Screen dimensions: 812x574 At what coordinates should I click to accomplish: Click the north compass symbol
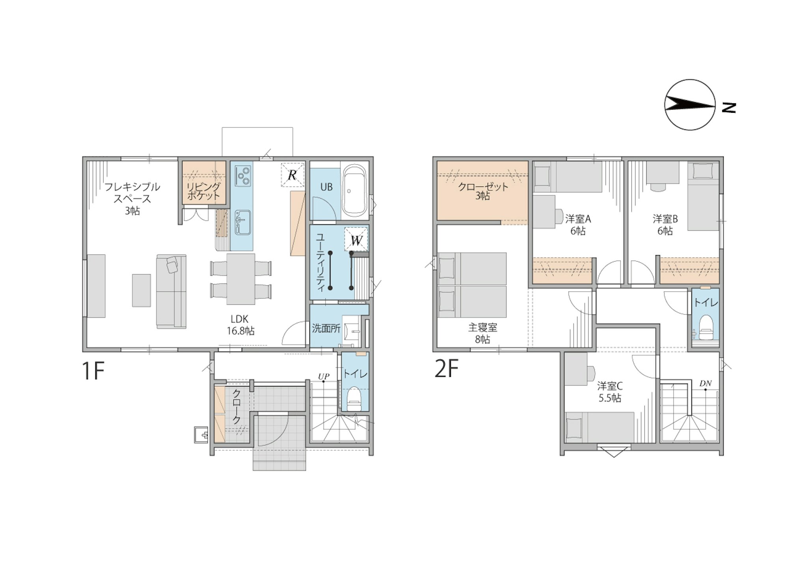pyautogui.click(x=690, y=105)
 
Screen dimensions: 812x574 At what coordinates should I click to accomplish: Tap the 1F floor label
pyautogui.click(x=93, y=371)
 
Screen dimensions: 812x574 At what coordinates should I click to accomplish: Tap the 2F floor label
pyautogui.click(x=447, y=369)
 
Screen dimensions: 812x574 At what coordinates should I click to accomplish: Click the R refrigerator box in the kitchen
pyautogui.click(x=292, y=174)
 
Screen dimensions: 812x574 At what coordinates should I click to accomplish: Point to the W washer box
pyautogui.click(x=356, y=240)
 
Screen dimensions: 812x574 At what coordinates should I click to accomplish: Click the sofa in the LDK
pyautogui.click(x=171, y=291)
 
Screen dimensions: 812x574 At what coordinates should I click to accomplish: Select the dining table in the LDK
pyautogui.click(x=240, y=279)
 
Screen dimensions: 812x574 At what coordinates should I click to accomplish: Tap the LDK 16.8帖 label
pyautogui.click(x=240, y=325)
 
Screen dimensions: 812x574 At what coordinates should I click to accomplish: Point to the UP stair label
pyautogui.click(x=324, y=376)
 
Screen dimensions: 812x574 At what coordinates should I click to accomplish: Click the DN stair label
pyautogui.click(x=706, y=383)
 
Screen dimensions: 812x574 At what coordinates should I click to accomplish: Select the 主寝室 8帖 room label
pyautogui.click(x=482, y=333)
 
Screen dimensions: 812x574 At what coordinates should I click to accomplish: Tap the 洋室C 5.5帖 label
pyautogui.click(x=610, y=391)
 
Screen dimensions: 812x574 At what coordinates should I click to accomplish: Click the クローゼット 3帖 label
pyautogui.click(x=483, y=191)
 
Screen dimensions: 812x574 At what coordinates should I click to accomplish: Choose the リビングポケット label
pyautogui.click(x=203, y=190)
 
